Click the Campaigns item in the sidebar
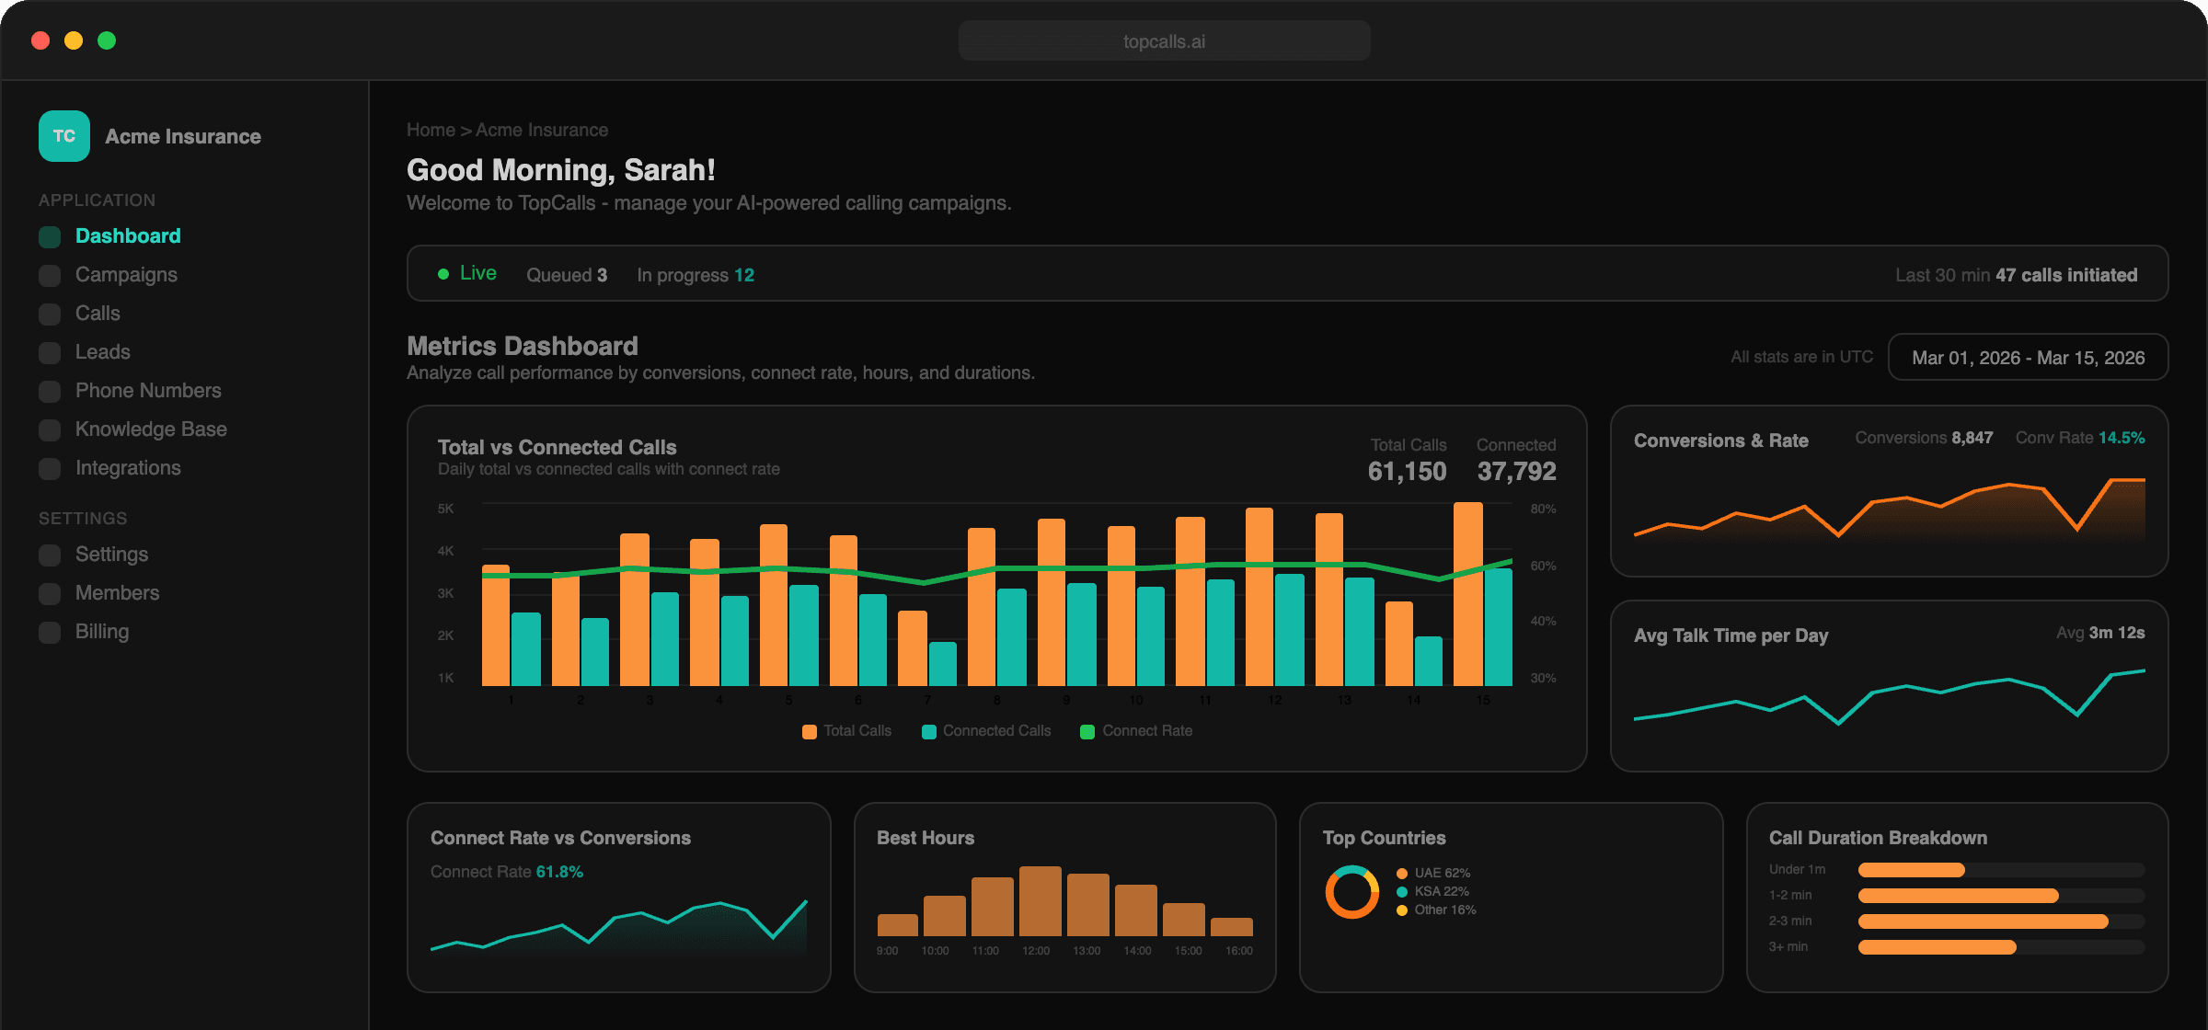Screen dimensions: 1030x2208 [125, 275]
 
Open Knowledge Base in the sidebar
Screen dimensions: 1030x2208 [150, 429]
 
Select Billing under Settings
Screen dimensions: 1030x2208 [101, 632]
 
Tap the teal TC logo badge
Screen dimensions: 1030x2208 [63, 136]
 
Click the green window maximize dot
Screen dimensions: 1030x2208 [107, 40]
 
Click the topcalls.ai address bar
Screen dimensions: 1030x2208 [1164, 41]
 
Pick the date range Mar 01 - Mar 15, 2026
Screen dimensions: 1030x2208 [2028, 358]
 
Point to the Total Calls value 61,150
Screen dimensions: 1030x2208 [1407, 472]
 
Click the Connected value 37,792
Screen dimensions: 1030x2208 [1516, 472]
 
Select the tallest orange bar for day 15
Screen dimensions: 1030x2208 [1467, 593]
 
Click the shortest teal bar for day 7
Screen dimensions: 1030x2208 [943, 664]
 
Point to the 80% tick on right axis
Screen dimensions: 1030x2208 [1543, 509]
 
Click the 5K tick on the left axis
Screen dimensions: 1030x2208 [446, 509]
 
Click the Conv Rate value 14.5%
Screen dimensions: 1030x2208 [2122, 438]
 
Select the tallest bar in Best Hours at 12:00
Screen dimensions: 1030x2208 [1041, 901]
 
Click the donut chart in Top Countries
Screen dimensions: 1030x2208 [1351, 892]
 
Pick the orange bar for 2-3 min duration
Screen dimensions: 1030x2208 [1983, 921]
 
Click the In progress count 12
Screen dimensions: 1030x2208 [743, 275]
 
